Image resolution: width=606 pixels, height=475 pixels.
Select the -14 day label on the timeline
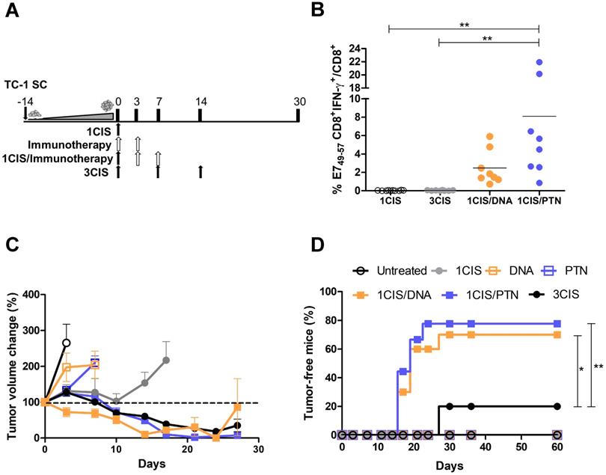(x=26, y=101)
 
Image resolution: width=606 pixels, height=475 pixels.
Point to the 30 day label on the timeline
(x=298, y=101)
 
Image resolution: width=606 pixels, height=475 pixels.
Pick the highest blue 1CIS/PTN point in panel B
(x=539, y=62)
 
